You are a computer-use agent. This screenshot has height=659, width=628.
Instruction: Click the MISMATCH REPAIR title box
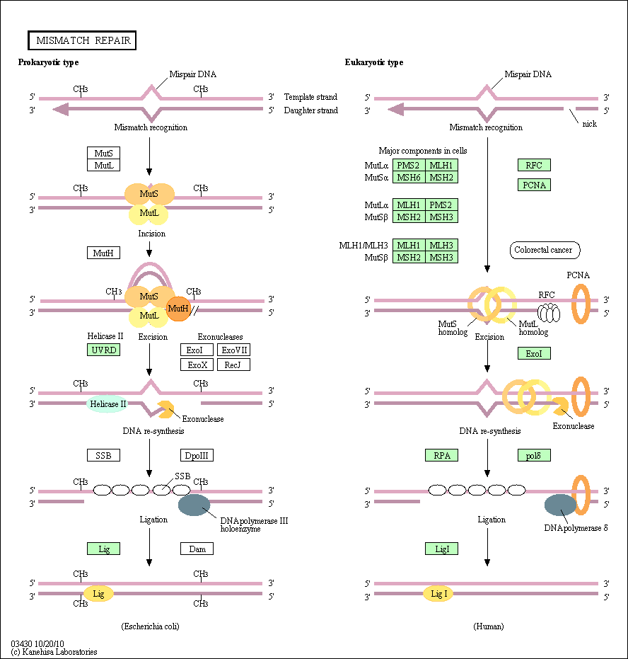[x=82, y=40]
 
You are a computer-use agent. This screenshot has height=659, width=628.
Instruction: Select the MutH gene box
[x=103, y=253]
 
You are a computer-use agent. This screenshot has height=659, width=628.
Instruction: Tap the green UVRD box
[x=103, y=350]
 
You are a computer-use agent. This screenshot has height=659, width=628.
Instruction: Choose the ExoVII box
[x=234, y=350]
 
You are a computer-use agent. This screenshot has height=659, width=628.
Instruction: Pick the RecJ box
[x=234, y=365]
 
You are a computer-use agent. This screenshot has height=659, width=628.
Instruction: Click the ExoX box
[x=197, y=365]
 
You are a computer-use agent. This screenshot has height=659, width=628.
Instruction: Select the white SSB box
[x=103, y=455]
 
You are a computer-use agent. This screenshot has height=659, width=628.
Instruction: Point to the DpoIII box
[x=197, y=455]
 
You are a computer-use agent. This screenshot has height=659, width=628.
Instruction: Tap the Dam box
[x=197, y=549]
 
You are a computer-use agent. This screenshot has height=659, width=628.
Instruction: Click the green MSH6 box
[x=409, y=178]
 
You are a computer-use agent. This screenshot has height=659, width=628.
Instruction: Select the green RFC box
[x=534, y=165]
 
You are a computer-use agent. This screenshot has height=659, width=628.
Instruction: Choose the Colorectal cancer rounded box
[x=545, y=250]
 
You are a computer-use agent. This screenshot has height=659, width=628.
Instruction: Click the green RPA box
[x=441, y=455]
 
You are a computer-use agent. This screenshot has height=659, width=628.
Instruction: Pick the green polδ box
[x=534, y=455]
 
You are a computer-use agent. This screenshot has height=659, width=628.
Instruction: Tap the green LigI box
[x=441, y=549]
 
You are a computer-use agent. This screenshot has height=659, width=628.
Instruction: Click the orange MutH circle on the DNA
[x=178, y=309]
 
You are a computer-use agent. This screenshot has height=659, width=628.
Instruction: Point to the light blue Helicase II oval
[x=107, y=404]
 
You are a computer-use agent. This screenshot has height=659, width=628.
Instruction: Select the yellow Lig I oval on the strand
[x=438, y=594]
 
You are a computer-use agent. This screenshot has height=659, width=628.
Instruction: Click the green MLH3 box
[x=441, y=245]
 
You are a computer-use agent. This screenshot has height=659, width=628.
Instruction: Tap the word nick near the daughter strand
[x=589, y=124]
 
